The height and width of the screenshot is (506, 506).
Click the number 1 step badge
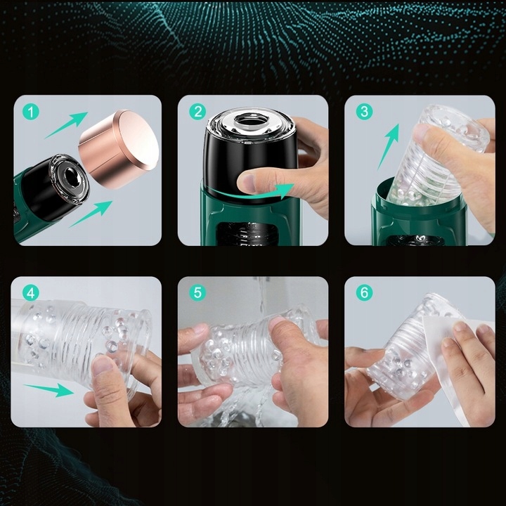[x=31, y=112]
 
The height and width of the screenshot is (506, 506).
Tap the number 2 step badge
[x=197, y=112]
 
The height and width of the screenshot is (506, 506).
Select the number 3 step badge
[x=364, y=112]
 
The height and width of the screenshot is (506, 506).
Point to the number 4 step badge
[x=31, y=293]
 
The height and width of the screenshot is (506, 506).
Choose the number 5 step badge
[x=197, y=293]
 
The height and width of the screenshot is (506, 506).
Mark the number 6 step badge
[x=364, y=293]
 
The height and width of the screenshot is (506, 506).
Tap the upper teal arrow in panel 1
[x=66, y=125]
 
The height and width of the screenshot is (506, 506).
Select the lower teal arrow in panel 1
[x=91, y=213]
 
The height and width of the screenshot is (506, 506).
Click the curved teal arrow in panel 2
[x=255, y=193]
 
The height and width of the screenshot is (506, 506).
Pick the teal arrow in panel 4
[x=49, y=389]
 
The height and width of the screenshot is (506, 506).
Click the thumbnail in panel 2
[x=249, y=182]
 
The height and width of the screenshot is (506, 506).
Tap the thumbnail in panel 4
[x=103, y=365]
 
